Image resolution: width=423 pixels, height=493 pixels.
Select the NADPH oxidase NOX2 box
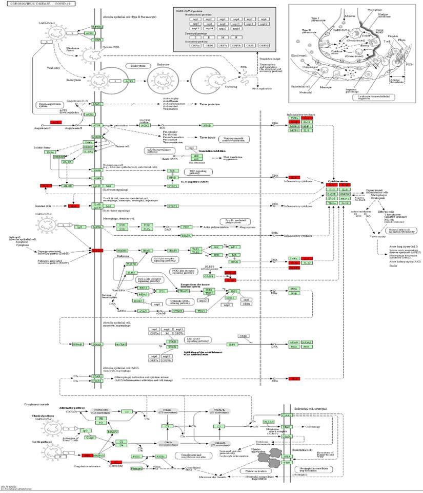pyautogui.click(x=145, y=125)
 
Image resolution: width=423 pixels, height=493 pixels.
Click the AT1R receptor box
pyautogui.click(x=96, y=125)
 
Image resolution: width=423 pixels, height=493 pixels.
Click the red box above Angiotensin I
pyautogui.click(x=55, y=122)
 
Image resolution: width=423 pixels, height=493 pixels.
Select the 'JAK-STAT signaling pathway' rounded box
pyautogui.click(x=197, y=339)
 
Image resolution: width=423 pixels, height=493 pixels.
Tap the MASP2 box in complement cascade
pyautogui.click(x=113, y=431)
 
